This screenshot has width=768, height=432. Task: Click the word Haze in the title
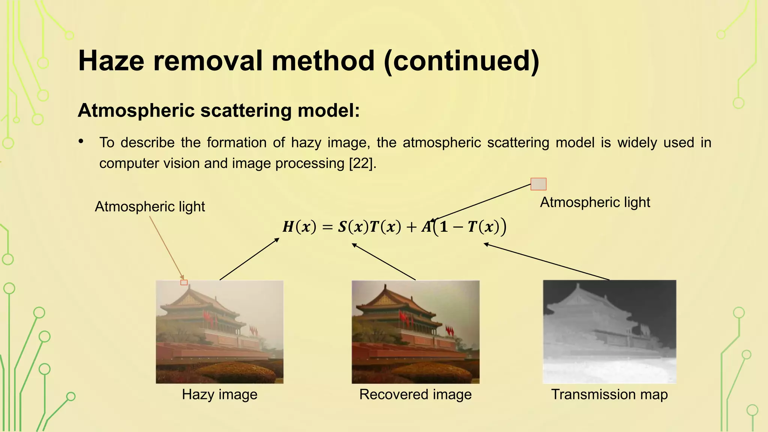111,61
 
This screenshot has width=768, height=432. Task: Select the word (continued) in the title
462,61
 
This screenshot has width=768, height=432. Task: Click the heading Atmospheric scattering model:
219,110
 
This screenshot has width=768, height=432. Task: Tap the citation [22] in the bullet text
361,163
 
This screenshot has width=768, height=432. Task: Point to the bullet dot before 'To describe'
81,141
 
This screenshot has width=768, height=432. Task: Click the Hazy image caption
219,394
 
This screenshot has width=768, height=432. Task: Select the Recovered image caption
415,394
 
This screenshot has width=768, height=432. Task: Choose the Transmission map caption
609,394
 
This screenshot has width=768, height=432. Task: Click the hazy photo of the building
219,332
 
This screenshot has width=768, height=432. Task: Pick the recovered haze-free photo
415,332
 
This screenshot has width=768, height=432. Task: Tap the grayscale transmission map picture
609,332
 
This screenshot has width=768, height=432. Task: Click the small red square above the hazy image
184,282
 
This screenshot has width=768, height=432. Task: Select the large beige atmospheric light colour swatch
538,184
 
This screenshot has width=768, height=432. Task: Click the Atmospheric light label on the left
150,207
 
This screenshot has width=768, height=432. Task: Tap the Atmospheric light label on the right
595,202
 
